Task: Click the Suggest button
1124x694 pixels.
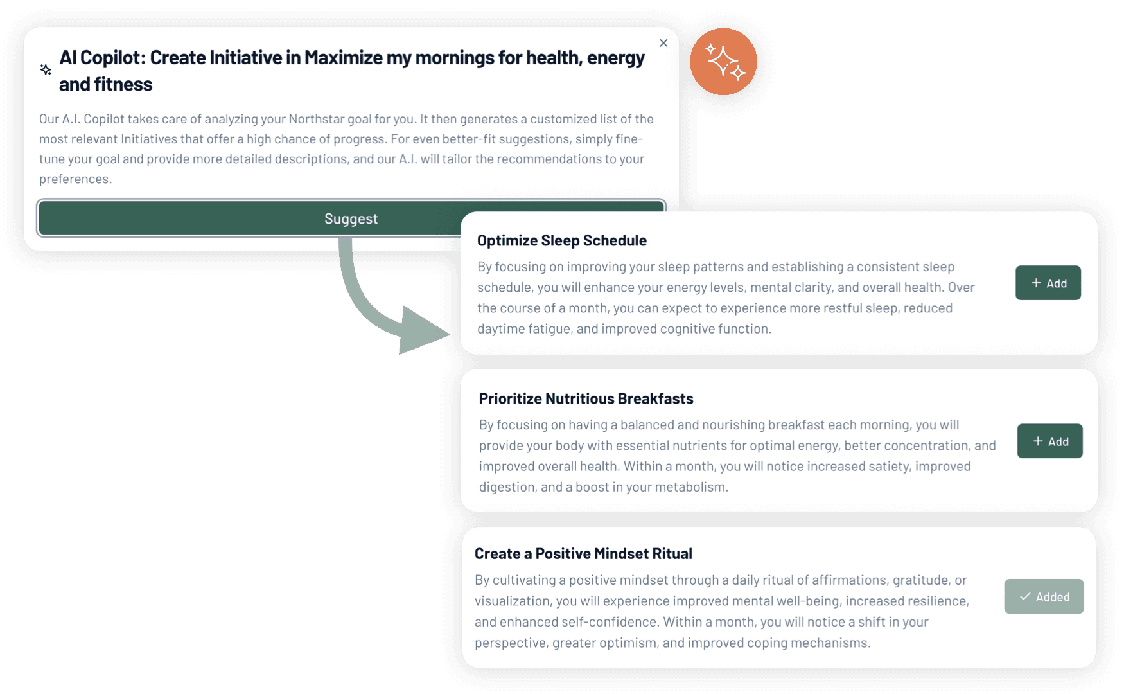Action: tap(351, 218)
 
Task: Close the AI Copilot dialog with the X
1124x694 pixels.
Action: tap(663, 43)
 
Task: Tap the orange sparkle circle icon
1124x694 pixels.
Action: tap(723, 62)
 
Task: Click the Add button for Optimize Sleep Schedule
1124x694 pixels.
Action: tap(1048, 283)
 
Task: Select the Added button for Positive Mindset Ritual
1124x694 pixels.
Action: tap(1044, 596)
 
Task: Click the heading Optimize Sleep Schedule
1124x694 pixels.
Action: tap(561, 240)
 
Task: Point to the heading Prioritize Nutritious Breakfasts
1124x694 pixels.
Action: tap(586, 398)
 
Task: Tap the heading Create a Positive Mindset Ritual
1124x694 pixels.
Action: tap(583, 553)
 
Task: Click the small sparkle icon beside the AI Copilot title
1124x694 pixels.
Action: tap(46, 69)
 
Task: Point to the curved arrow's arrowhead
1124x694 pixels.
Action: tap(421, 331)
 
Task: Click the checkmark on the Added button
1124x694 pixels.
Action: tap(1025, 596)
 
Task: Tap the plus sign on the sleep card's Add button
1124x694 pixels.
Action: tap(1036, 283)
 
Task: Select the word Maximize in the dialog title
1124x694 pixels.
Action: tap(343, 58)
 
